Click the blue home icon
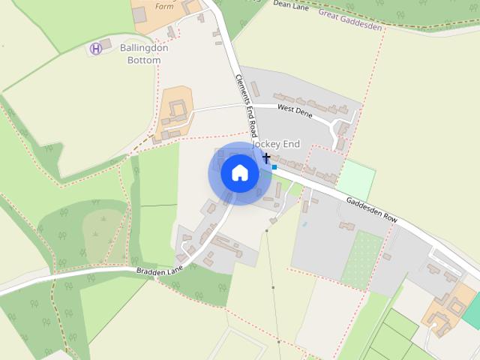coord(239,173)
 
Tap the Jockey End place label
coord(276,144)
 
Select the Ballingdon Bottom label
coord(144,54)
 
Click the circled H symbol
coord(95,49)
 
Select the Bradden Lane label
coord(160,269)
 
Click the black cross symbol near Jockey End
coord(266,157)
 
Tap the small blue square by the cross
coord(274,167)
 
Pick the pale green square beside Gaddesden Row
coord(355,180)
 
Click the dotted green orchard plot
coord(362,259)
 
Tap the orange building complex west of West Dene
coord(175,112)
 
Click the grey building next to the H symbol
coord(105,43)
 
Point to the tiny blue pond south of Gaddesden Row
coord(304,224)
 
